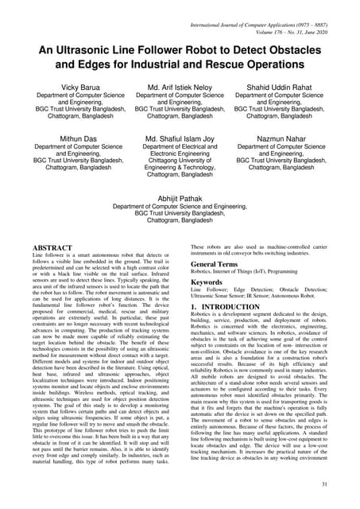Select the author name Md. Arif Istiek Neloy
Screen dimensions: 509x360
[x=180, y=86]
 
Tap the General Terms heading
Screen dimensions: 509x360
[x=219, y=263]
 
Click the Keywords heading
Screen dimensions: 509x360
[x=211, y=282]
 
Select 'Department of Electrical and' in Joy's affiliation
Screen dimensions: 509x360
[x=180, y=147]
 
